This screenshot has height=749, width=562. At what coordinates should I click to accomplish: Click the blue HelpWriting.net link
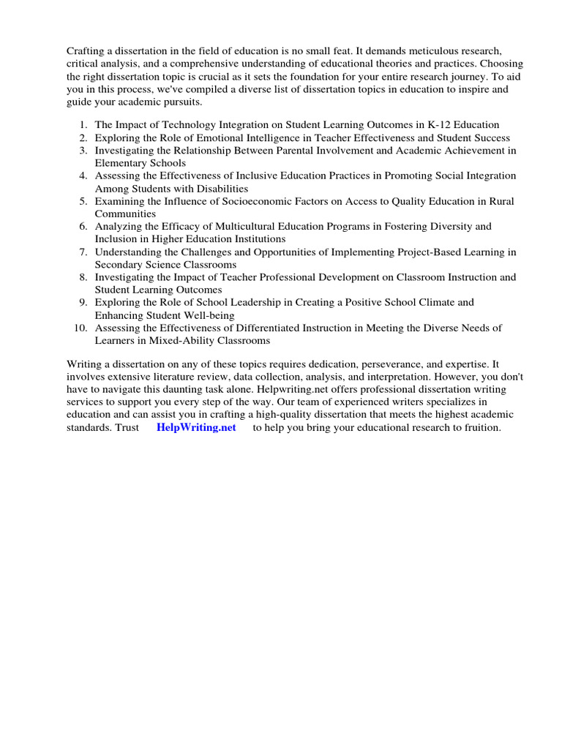(196, 428)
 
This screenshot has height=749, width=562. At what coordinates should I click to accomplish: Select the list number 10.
(81, 328)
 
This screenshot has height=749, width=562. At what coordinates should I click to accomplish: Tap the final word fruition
(479, 428)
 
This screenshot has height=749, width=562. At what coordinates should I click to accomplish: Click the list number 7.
(83, 252)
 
